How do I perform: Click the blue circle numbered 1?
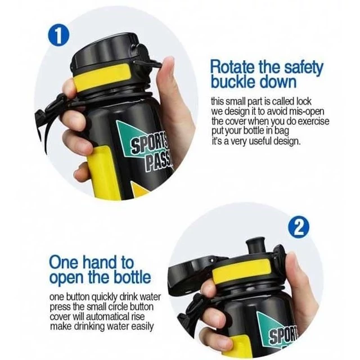(58, 37)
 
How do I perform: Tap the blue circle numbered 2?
(299, 228)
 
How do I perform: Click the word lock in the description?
(304, 101)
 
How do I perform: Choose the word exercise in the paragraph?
(314, 121)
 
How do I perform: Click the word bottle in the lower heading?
(132, 277)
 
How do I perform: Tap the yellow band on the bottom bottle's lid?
(241, 271)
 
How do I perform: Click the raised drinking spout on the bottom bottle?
(255, 246)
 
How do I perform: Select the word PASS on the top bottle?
(159, 161)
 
